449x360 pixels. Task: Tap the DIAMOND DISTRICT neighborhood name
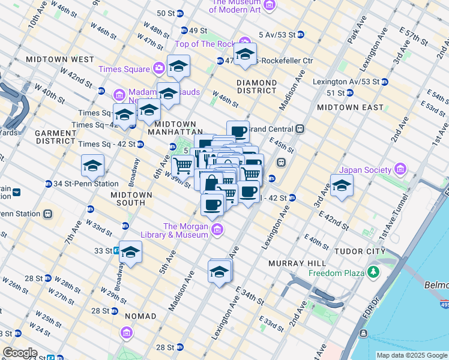coord(256,87)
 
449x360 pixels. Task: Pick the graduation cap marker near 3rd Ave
coord(342,185)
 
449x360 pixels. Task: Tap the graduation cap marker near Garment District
coord(92,165)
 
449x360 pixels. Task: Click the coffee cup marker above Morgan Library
coord(212,204)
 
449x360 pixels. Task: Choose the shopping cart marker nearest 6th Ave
coord(183,165)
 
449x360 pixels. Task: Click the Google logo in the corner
coord(19,353)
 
